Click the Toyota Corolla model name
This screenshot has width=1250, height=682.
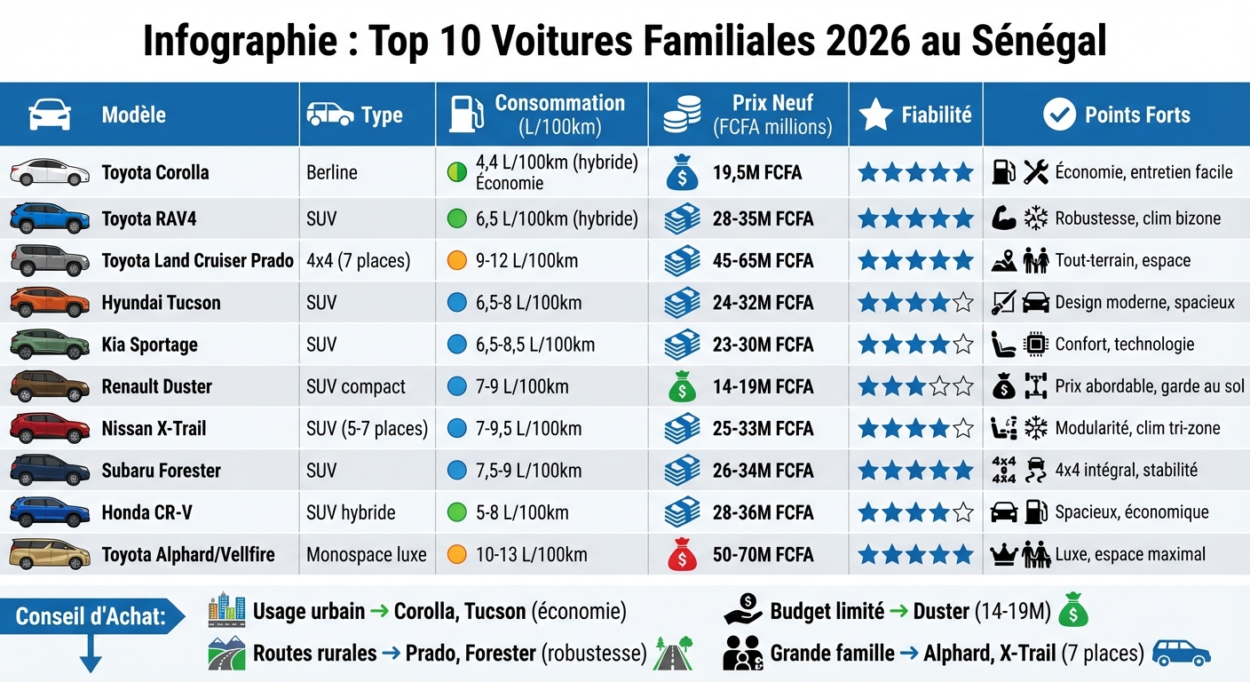click(155, 172)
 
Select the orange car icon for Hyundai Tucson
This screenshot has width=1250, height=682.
click(50, 303)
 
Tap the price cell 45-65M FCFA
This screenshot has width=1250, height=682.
click(763, 261)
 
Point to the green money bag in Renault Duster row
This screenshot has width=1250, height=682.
click(682, 386)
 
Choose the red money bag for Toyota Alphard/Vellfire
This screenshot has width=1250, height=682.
click(682, 554)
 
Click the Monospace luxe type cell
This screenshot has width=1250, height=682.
click(366, 555)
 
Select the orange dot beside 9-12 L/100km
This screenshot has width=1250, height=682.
click(456, 261)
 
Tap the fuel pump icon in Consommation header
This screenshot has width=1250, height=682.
click(465, 115)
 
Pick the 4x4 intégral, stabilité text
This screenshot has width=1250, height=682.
click(1126, 471)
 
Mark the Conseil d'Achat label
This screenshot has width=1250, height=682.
click(91, 616)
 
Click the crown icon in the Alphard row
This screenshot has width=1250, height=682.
click(1003, 555)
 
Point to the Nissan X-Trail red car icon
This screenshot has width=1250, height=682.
click(50, 428)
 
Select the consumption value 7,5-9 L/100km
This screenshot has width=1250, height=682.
click(528, 471)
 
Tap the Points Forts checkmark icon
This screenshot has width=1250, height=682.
click(1059, 115)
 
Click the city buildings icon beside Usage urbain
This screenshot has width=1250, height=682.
click(226, 610)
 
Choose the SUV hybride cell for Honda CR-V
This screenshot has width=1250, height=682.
click(351, 512)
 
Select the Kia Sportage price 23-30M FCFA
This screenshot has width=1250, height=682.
click(763, 345)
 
